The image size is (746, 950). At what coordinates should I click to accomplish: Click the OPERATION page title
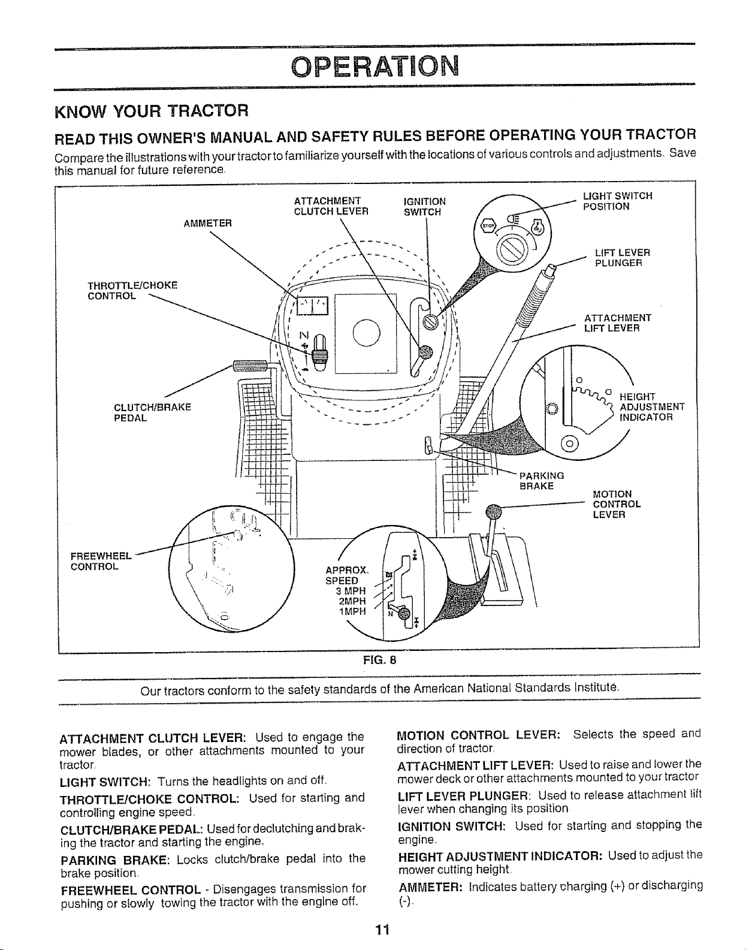coord(375,66)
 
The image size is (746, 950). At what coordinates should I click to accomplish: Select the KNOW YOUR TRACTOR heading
coord(152,111)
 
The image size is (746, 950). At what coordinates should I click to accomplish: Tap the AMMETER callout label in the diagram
coord(207,224)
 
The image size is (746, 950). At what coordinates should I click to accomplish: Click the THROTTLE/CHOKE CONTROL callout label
coord(132,291)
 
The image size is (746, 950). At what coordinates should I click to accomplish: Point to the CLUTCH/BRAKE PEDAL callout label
coord(153,412)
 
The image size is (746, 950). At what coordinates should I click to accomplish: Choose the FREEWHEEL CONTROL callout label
coord(101,562)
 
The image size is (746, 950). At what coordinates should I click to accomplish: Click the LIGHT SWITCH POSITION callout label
coord(618,201)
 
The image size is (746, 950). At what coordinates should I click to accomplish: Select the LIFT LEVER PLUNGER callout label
coord(623,258)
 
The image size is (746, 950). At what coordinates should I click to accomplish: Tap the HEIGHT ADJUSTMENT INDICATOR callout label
coord(652,406)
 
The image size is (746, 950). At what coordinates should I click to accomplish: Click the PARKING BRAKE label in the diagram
coord(542,481)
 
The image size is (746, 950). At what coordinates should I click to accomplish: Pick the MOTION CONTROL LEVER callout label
coord(617,504)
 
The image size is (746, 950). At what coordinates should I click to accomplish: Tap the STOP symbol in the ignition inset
coord(488,226)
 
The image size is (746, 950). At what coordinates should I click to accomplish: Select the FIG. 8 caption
coord(379,660)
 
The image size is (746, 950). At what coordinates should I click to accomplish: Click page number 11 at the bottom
coord(382,930)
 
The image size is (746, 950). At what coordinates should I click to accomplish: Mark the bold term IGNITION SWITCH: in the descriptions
coord(452,827)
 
